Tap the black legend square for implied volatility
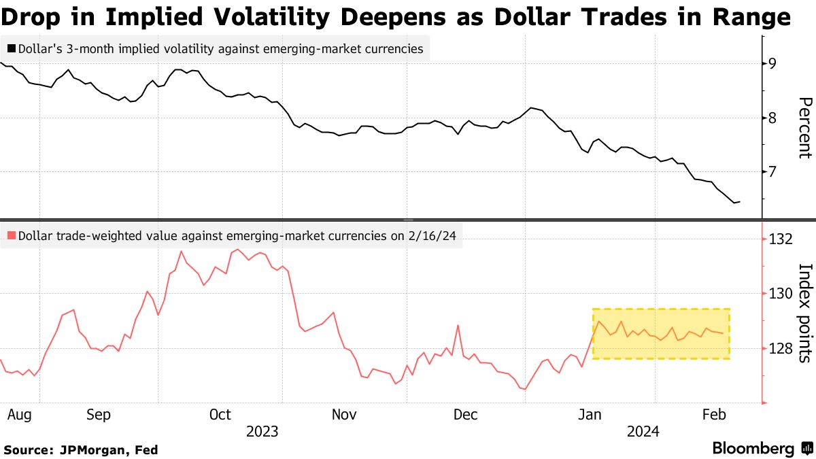(12, 49)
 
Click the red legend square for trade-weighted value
(12, 236)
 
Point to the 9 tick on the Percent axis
(772, 64)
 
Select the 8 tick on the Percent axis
(772, 118)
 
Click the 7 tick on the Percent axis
(772, 172)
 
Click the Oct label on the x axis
(220, 414)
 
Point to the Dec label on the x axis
(466, 414)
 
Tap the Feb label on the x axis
(714, 414)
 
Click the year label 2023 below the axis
(262, 431)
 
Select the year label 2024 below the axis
(643, 431)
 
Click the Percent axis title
(804, 128)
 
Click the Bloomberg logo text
(753, 449)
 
